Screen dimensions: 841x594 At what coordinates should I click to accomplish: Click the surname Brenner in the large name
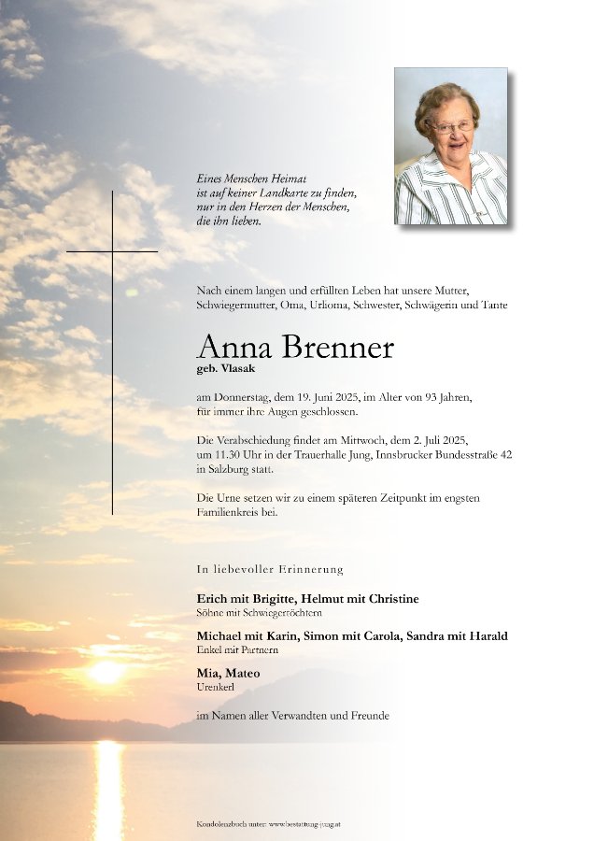tap(335, 349)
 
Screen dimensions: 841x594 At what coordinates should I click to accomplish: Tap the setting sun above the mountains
tap(106, 672)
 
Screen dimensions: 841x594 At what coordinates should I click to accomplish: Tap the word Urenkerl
tap(216, 687)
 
